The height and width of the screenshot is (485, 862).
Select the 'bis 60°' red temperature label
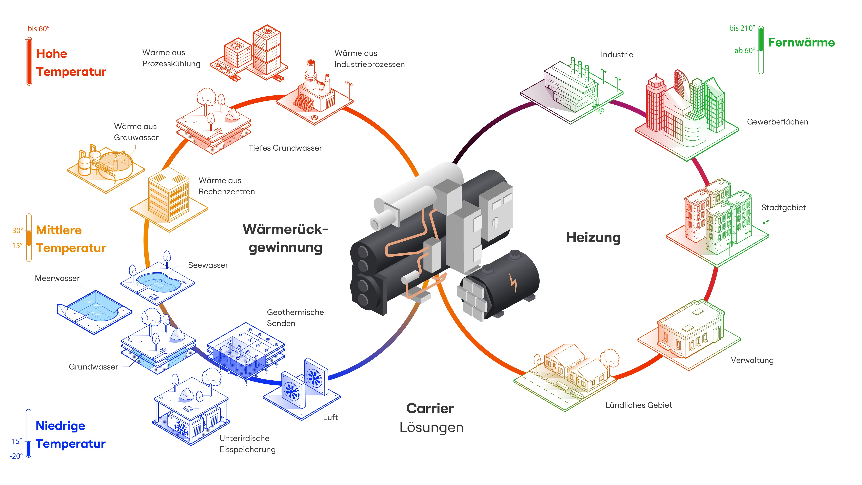click(x=38, y=29)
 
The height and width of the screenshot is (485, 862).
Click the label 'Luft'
click(x=330, y=417)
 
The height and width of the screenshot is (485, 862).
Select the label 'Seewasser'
click(x=208, y=265)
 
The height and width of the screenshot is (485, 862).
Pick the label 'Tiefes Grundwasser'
click(x=285, y=148)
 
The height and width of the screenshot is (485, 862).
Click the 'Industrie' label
click(x=617, y=54)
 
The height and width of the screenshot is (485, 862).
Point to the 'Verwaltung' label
click(x=752, y=361)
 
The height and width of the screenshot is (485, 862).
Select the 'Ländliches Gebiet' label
click(x=638, y=405)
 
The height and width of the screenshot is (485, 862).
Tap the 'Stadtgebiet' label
click(x=783, y=208)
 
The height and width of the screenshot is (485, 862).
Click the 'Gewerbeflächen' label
click(x=777, y=122)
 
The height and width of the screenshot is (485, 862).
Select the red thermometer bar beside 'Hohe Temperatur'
click(x=29, y=62)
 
